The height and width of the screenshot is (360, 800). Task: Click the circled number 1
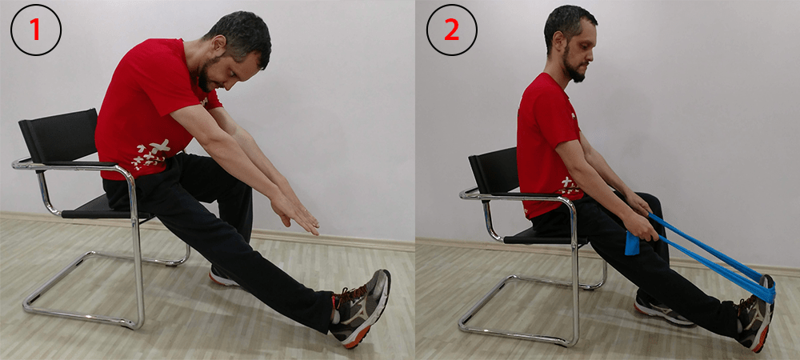[35, 30]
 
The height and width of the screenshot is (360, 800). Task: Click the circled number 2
[451, 30]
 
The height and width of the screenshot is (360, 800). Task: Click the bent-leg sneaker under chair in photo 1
[224, 277]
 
